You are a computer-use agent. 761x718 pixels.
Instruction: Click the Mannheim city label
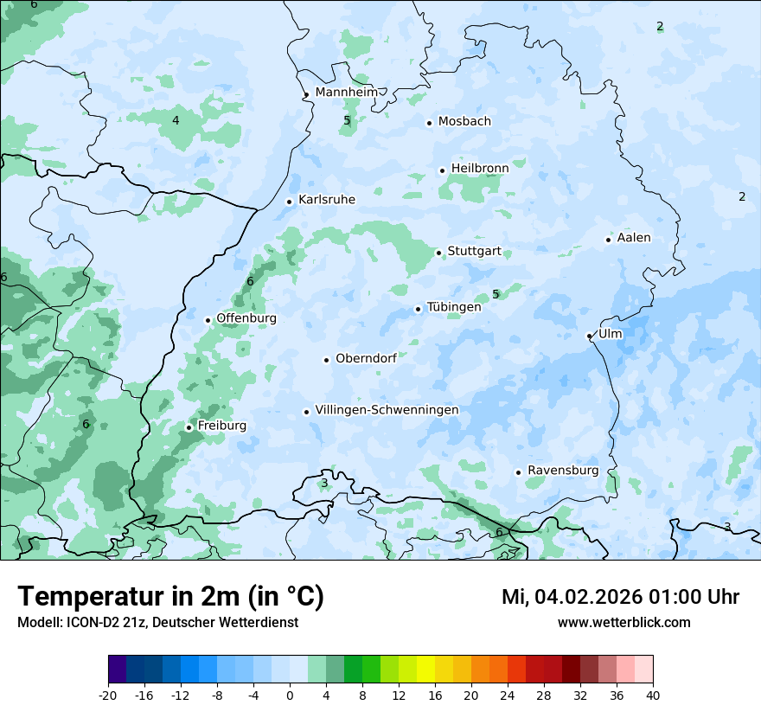coord(346,92)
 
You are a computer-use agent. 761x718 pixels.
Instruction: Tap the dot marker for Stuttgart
coord(438,253)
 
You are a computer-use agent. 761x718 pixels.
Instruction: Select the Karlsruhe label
coord(327,200)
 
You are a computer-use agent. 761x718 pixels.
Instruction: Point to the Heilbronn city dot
coord(442,170)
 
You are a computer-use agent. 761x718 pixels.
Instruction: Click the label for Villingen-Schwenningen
coord(387,410)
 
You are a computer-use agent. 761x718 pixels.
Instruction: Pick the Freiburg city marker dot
coord(189,427)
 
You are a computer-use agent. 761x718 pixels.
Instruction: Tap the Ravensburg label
coord(563,471)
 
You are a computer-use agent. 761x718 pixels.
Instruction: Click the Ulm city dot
coord(589,336)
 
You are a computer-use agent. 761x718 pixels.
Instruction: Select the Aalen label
coord(634,238)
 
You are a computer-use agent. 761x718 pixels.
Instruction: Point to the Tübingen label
coord(454,307)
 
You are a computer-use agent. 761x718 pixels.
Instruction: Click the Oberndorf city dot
coord(326,360)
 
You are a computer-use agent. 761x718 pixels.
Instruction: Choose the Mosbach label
coord(464,121)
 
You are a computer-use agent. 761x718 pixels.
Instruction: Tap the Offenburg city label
coord(246,318)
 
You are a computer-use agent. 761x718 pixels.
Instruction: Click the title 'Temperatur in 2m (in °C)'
coord(171,597)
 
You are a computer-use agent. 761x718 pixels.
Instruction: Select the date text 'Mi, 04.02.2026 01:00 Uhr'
coord(620,597)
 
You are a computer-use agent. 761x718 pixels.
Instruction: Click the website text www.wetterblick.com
coord(624,622)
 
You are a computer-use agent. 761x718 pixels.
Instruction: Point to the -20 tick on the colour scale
coord(108,695)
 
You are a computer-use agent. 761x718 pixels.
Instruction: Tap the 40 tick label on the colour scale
coord(653,695)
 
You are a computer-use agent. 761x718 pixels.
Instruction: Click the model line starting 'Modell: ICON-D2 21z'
coord(157,622)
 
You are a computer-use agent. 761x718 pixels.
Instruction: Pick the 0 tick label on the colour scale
coord(290,695)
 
